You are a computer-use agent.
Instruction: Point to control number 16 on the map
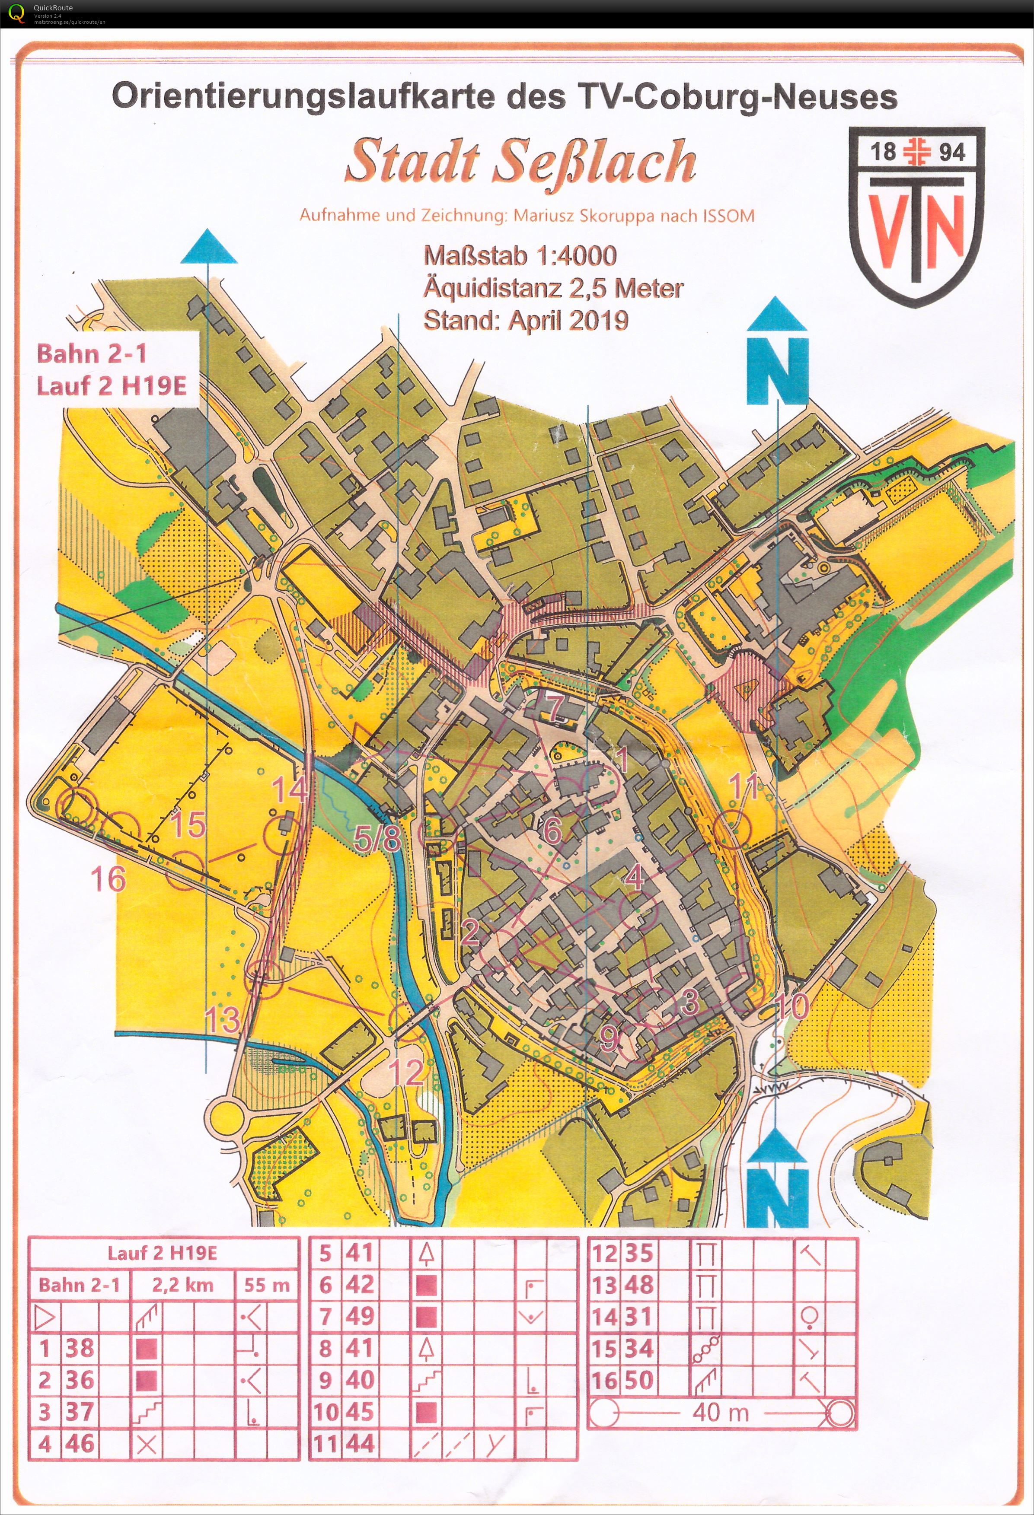click(x=108, y=879)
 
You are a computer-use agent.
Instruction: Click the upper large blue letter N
click(x=777, y=372)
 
